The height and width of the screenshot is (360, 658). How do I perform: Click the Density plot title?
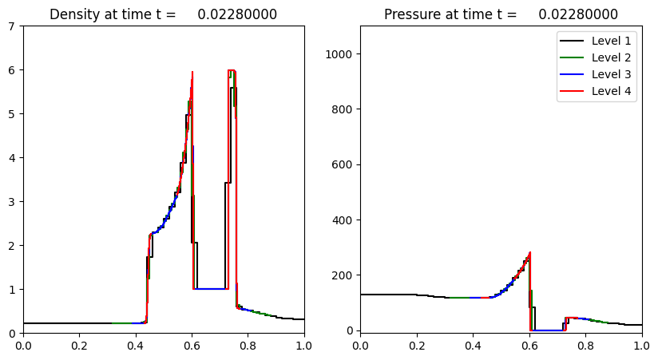tap(163, 14)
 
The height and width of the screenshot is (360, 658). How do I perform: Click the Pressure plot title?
tap(501, 14)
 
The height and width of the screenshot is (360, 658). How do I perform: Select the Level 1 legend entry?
tap(611, 41)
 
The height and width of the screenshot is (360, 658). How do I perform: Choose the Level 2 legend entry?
tap(611, 57)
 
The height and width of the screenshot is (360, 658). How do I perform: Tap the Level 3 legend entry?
tap(611, 74)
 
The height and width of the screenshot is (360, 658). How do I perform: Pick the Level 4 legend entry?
tap(611, 91)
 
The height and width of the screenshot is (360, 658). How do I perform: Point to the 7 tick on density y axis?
tap(13, 26)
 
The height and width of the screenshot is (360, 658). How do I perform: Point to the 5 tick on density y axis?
tap(13, 114)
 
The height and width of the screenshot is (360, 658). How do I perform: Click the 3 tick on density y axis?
tap(13, 202)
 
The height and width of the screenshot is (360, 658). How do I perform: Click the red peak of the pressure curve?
tap(529, 253)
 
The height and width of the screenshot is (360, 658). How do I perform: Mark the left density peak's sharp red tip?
tap(192, 72)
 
